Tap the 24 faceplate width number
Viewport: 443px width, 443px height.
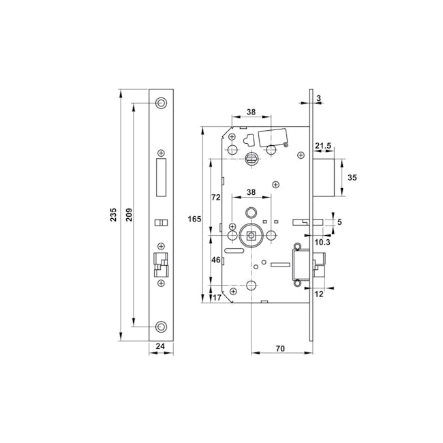(161, 346)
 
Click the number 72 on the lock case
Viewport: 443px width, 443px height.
(215, 197)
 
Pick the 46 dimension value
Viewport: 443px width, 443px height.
(215, 260)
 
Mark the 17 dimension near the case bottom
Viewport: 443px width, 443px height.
(217, 297)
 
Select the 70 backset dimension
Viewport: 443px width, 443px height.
(280, 348)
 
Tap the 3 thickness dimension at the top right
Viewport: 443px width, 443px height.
(319, 100)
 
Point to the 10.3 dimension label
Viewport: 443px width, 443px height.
(322, 241)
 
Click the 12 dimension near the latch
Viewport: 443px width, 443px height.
(319, 293)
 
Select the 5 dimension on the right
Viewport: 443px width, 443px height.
(339, 222)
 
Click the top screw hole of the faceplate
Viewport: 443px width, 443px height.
(161, 103)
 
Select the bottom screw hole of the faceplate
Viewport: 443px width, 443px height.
(161, 326)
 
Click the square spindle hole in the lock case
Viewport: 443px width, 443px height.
(251, 236)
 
